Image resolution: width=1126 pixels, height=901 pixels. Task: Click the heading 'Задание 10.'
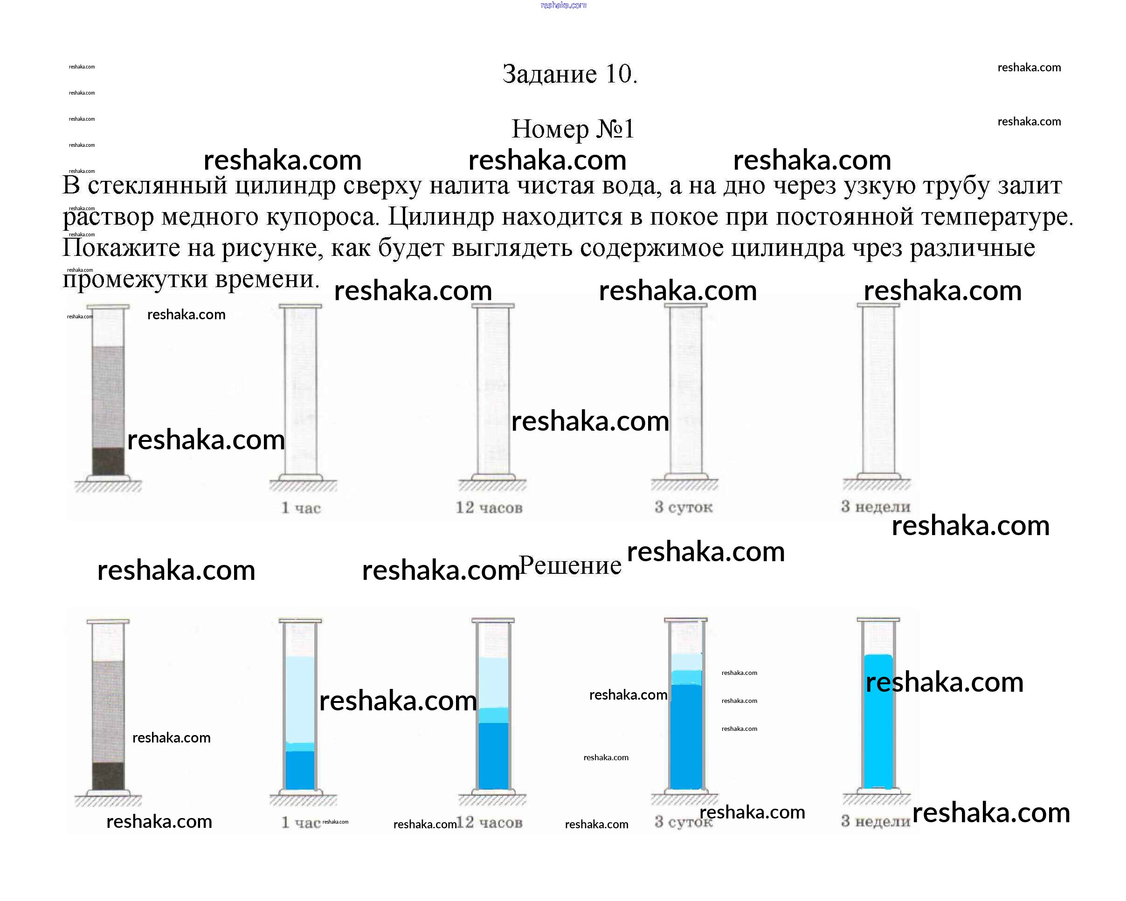pos(569,74)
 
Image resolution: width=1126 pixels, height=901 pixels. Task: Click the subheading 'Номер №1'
pos(573,129)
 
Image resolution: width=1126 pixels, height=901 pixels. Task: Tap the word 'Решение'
pos(570,565)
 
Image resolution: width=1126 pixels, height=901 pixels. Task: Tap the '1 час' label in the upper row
pos(301,508)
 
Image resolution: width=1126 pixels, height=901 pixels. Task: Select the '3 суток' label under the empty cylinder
pos(683,506)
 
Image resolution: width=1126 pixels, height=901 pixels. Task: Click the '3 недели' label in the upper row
pos(875,506)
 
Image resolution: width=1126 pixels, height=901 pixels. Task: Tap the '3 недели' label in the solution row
pos(875,821)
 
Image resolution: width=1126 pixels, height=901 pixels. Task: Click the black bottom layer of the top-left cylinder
pos(108,461)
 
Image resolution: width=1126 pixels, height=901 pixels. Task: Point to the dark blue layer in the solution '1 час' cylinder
pos(300,770)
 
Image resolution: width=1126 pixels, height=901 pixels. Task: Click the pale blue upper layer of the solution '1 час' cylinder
pos(300,699)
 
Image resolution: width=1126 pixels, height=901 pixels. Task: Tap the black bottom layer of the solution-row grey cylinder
pos(108,776)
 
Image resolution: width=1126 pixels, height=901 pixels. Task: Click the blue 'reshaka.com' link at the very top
pos(564,5)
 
